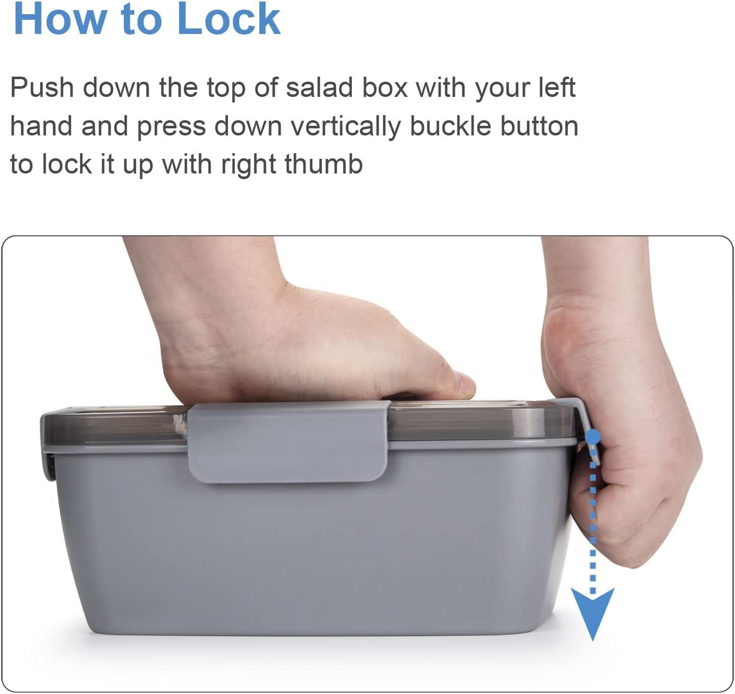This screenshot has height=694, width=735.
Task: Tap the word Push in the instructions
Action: (x=42, y=88)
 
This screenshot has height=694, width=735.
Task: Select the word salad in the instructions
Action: (x=319, y=88)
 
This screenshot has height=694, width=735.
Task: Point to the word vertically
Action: (x=346, y=126)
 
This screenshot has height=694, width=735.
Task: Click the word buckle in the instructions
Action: (x=450, y=126)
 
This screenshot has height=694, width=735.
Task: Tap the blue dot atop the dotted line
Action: (x=593, y=436)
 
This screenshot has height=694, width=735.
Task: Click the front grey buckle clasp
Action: (x=288, y=442)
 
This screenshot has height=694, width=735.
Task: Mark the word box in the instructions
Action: (x=385, y=88)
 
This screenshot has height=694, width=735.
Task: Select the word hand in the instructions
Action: (x=41, y=126)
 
